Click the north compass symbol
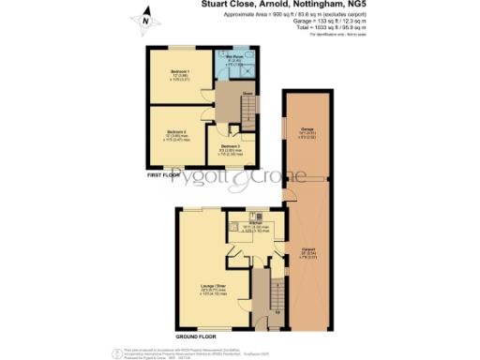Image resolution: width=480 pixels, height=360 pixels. click(x=143, y=17)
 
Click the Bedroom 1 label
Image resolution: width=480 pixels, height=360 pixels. click(x=180, y=73)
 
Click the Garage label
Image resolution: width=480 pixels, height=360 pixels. click(x=306, y=130)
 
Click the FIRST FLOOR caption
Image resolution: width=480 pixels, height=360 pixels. click(x=166, y=175)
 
